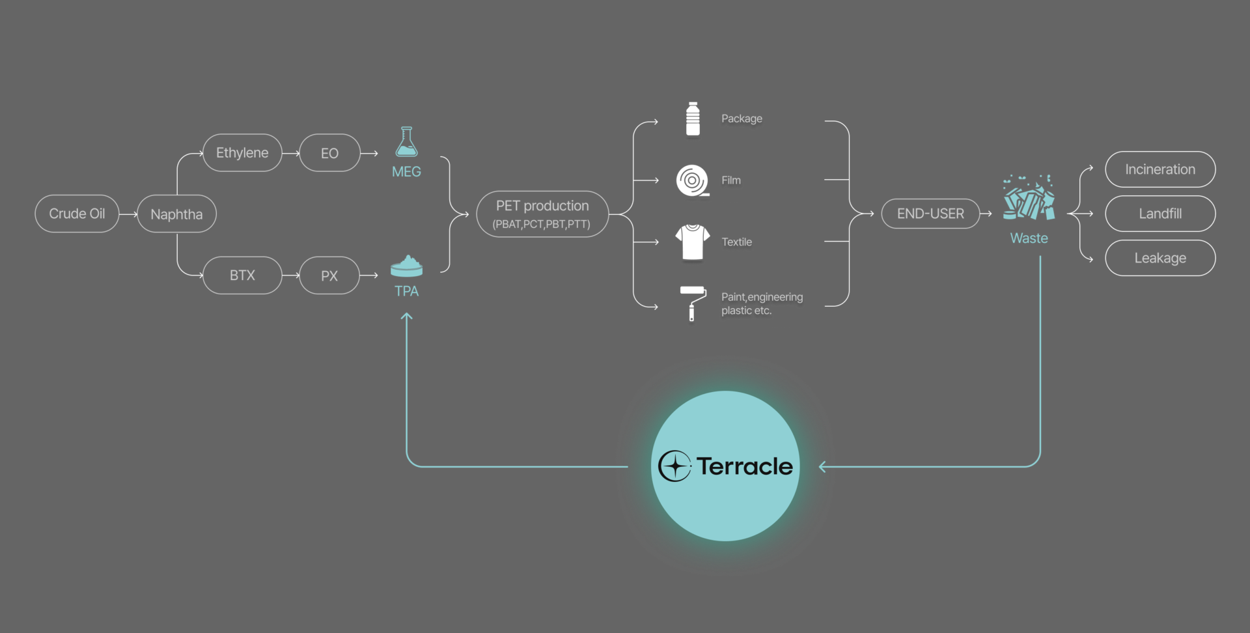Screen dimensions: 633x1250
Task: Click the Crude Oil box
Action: pos(77,214)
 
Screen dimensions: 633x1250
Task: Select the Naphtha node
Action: pos(176,214)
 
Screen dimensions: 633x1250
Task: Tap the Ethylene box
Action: pos(242,153)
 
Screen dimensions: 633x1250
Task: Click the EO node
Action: pos(329,153)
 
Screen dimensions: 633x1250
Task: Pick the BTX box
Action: pos(242,275)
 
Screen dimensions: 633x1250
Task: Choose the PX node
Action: pos(329,275)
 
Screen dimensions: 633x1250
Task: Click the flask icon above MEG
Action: pos(406,142)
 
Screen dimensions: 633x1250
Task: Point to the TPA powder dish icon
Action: pos(406,266)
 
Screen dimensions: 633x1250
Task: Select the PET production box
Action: pos(542,214)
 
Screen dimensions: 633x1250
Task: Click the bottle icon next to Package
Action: pos(693,119)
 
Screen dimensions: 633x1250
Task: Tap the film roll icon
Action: pos(692,180)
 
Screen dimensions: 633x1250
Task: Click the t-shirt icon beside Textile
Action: pos(692,242)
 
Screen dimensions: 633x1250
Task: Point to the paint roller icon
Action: pos(693,303)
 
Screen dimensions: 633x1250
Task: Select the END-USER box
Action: pos(930,214)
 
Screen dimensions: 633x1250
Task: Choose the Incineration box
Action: pos(1160,169)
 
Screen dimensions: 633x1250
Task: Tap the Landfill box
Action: pos(1160,214)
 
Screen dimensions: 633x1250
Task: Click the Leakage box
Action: pos(1160,258)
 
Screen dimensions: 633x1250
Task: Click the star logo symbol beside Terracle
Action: pos(674,466)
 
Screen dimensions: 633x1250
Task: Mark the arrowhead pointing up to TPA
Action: pos(406,316)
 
